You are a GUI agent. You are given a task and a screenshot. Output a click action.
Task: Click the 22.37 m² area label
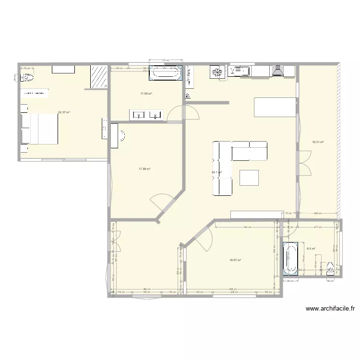[x=64, y=112]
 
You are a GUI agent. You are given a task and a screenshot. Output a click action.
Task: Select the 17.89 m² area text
[x=144, y=169]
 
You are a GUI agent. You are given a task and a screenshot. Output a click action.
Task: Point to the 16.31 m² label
[x=318, y=142]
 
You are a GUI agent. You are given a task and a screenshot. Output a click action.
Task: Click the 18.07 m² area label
[x=235, y=260]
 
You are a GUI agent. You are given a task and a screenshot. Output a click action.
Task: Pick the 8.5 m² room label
[x=311, y=249]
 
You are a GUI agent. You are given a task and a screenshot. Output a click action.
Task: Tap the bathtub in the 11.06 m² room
[x=165, y=73]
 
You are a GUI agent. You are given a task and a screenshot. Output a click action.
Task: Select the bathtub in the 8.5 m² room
[x=289, y=259]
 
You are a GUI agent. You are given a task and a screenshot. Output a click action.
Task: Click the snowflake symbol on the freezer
[x=217, y=72]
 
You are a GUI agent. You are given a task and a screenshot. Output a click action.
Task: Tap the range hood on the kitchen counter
[x=277, y=72]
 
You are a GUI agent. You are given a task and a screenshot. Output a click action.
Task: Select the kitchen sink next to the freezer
[x=239, y=72]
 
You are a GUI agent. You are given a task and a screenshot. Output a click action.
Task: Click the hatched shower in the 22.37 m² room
[x=99, y=76]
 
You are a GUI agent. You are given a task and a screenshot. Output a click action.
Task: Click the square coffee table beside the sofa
[x=250, y=177]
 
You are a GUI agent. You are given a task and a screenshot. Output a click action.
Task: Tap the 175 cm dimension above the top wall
[x=166, y=60]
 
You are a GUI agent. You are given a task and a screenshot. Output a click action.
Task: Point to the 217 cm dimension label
[x=316, y=227]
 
